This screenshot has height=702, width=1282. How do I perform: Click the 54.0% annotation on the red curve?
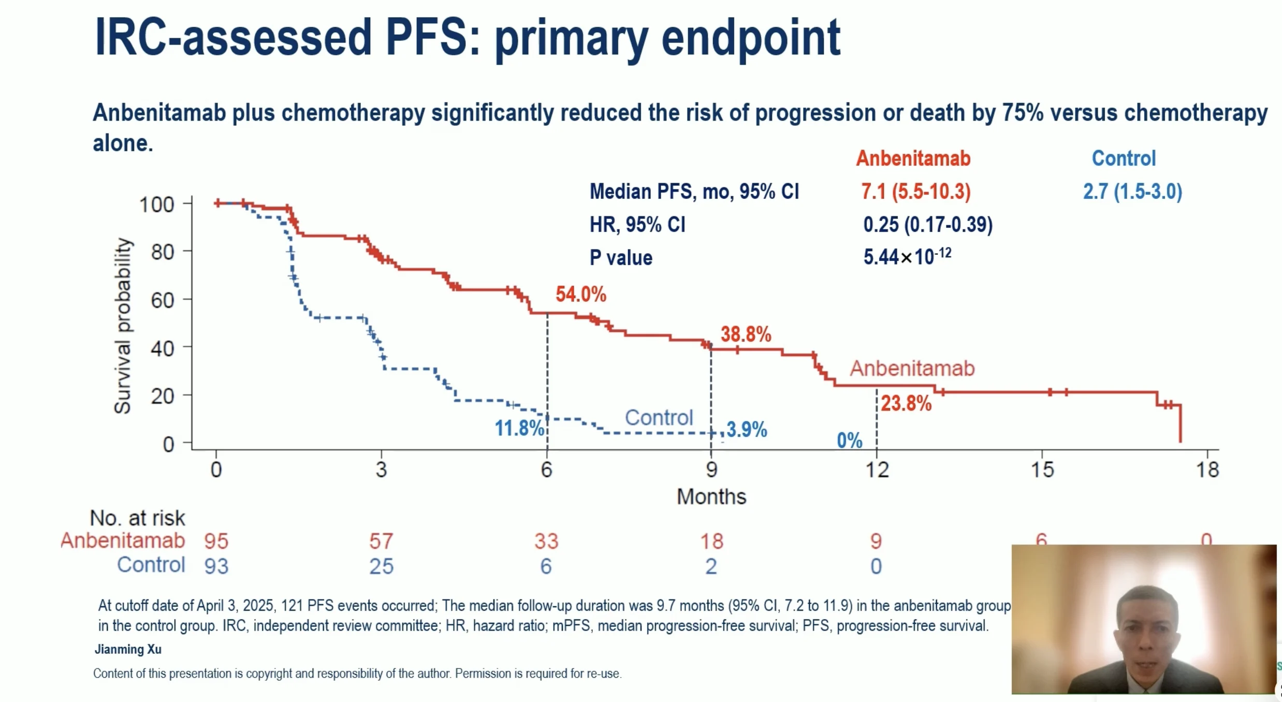pos(580,295)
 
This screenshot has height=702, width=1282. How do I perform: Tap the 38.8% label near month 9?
pos(746,334)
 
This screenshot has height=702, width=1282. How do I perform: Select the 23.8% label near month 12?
pos(906,403)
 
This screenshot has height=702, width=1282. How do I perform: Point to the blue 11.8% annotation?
pos(519,428)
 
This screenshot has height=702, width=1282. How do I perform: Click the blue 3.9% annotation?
pos(747,429)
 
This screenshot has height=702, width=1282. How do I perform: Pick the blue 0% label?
pos(850,441)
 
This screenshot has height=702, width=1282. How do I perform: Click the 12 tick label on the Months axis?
pos(877,470)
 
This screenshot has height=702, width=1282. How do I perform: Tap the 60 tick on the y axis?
pos(163,300)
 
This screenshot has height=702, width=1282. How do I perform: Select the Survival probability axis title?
pos(123,326)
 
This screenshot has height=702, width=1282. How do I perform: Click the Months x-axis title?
pos(711,497)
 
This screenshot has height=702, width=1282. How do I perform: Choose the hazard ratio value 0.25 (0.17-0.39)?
pos(927,225)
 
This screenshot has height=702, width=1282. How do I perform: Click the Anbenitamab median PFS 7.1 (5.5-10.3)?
pos(915,192)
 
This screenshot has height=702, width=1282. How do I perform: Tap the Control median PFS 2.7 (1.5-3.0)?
pos(1132,192)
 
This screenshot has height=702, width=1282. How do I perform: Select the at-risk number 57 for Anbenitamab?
pos(381,542)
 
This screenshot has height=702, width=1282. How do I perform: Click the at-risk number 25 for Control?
pos(381,566)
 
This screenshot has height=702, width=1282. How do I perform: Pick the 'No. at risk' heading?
pos(137,518)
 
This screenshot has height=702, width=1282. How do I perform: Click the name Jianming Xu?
pos(128,649)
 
